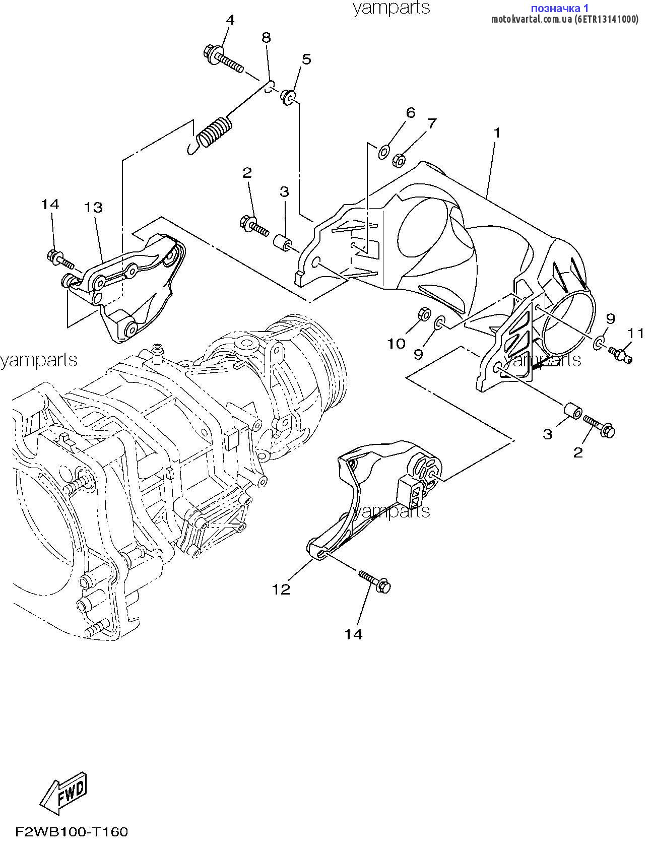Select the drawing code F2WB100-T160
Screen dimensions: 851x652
(71, 831)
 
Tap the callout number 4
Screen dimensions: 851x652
(230, 20)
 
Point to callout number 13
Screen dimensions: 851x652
(93, 207)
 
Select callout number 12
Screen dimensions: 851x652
(282, 589)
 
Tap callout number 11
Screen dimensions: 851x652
(636, 333)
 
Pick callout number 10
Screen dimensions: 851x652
(396, 344)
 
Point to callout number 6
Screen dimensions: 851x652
(411, 112)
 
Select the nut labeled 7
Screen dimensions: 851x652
(400, 160)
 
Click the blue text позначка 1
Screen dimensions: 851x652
(560, 8)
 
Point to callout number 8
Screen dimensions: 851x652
(266, 37)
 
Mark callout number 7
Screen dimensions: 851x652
(431, 123)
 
